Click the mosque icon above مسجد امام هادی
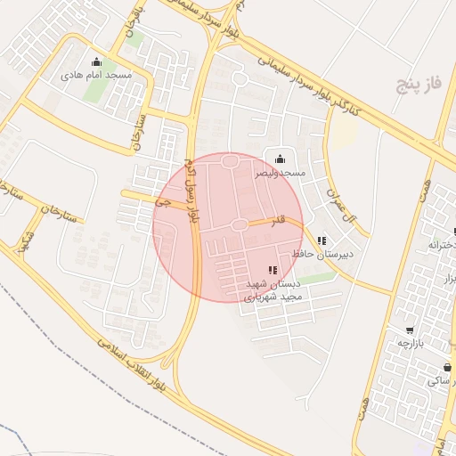[97, 62]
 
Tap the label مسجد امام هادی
[96, 76]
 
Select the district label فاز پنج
[419, 86]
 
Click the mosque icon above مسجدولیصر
[281, 159]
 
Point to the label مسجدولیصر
[281, 172]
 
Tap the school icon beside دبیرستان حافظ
[321, 240]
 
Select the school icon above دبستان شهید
[272, 270]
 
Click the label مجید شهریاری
[281, 296]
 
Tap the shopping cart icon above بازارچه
[409, 330]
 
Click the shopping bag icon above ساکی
[446, 367]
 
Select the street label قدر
[280, 218]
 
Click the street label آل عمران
[341, 207]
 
